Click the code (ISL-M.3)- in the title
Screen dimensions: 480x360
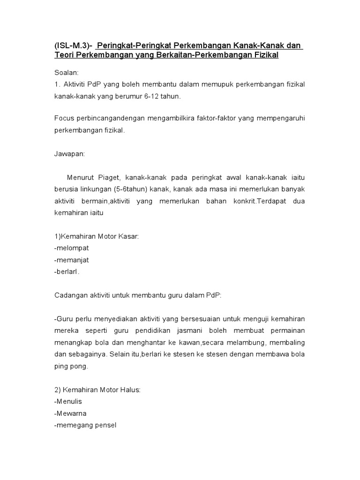coord(73,46)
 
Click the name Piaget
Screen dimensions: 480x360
coord(109,177)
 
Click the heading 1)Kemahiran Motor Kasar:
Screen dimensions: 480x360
coord(97,236)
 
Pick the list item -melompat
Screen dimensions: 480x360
coord(71,247)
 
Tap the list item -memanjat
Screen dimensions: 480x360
coord(72,259)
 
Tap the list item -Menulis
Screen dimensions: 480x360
coord(69,401)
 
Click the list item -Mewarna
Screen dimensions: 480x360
coord(71,413)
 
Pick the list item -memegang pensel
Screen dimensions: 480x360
coord(85,425)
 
